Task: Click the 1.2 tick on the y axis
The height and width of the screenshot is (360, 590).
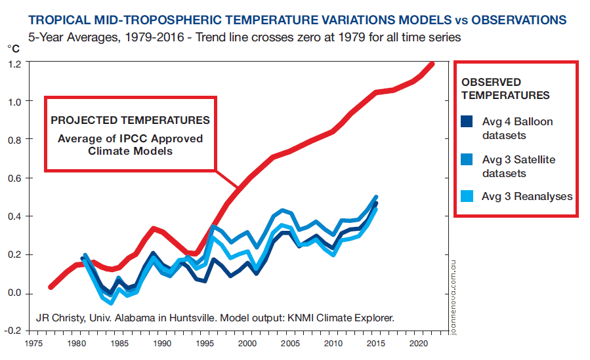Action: coord(14,64)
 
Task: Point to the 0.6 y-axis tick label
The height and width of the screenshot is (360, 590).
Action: coord(14,178)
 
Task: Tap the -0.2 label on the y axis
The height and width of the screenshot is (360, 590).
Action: coord(13,331)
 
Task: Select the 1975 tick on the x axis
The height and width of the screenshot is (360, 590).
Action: coord(33,343)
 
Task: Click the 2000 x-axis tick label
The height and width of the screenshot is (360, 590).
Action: coord(247,343)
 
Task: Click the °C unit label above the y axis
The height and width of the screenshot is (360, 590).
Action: coord(13,49)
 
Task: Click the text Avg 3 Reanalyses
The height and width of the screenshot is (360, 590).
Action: coord(527,196)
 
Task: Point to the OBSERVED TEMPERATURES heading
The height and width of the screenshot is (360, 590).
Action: coord(505,89)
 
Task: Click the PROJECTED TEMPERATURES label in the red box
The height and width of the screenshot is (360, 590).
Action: coord(131,120)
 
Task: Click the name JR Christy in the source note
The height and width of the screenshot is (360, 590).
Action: coord(60,319)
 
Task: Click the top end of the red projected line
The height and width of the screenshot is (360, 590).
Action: coord(432,64)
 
